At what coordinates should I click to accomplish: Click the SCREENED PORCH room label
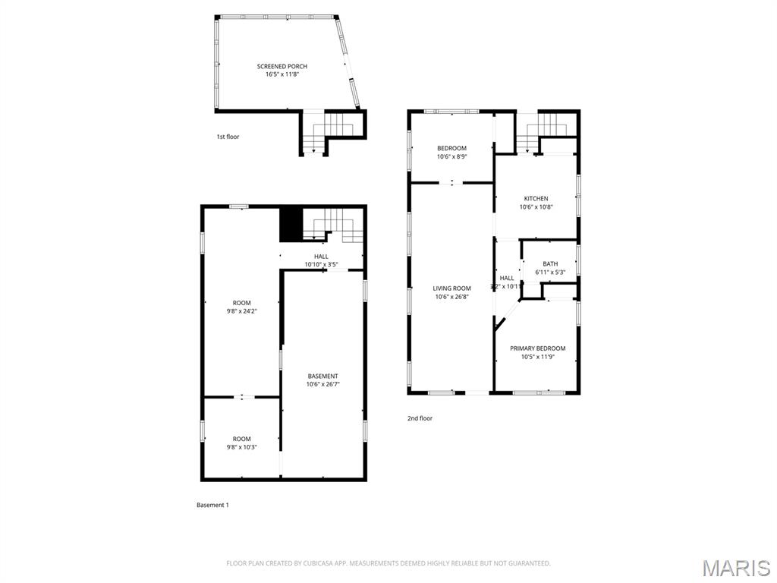pyautogui.click(x=282, y=67)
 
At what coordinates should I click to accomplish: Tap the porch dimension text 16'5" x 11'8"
pyautogui.click(x=282, y=74)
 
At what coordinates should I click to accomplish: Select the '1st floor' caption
pyautogui.click(x=228, y=137)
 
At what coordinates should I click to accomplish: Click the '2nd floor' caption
pyautogui.click(x=420, y=418)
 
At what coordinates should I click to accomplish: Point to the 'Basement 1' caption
pyautogui.click(x=212, y=505)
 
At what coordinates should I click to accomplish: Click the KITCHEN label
pyautogui.click(x=536, y=199)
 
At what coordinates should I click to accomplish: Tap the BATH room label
pyautogui.click(x=550, y=264)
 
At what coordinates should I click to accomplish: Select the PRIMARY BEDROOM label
pyautogui.click(x=537, y=348)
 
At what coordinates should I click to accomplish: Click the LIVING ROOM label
pyautogui.click(x=451, y=288)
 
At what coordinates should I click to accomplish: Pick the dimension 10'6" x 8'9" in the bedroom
pyautogui.click(x=451, y=156)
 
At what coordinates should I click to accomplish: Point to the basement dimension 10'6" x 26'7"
pyautogui.click(x=322, y=384)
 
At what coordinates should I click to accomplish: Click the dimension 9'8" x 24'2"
pyautogui.click(x=241, y=311)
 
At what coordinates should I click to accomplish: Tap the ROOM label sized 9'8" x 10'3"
pyautogui.click(x=241, y=439)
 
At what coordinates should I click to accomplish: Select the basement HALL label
pyautogui.click(x=321, y=257)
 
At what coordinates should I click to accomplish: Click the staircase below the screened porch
pyautogui.click(x=326, y=133)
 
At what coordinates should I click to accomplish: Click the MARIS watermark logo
pyautogui.click(x=737, y=568)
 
